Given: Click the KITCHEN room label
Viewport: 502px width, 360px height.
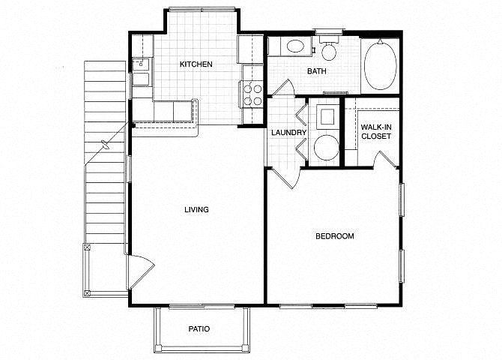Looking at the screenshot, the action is tap(196, 64).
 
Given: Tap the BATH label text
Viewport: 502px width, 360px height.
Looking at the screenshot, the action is tap(317, 71).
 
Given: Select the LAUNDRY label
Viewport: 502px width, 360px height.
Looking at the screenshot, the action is tap(288, 133).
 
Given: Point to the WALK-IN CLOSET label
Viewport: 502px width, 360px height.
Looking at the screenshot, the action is tap(376, 132).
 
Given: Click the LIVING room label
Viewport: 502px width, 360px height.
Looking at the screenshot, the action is tap(196, 210).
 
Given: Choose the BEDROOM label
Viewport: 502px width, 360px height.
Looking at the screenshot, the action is tap(335, 236).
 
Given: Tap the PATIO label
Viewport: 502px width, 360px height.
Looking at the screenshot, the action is tap(199, 329).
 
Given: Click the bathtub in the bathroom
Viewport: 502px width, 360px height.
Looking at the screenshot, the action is tap(380, 66).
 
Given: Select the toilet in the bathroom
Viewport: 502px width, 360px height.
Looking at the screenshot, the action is tap(329, 48).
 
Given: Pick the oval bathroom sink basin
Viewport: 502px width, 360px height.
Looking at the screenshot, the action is tap(295, 46).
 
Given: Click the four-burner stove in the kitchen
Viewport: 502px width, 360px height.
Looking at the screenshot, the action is tap(252, 95).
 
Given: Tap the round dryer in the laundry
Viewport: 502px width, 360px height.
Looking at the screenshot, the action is tap(326, 148).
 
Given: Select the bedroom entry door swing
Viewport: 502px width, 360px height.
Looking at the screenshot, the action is tap(286, 178).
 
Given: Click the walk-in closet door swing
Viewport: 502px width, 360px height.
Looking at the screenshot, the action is tap(386, 159).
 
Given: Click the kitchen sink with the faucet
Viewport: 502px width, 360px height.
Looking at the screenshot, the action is tap(141, 64).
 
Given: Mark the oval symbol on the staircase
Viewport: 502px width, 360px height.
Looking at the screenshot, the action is tap(105, 145).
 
